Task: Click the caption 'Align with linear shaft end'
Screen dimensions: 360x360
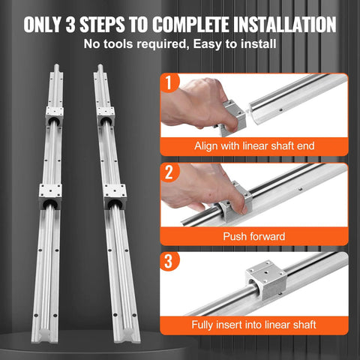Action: click(253, 145)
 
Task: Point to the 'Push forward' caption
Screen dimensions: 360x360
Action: click(253, 236)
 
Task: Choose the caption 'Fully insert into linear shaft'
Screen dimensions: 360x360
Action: click(253, 325)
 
